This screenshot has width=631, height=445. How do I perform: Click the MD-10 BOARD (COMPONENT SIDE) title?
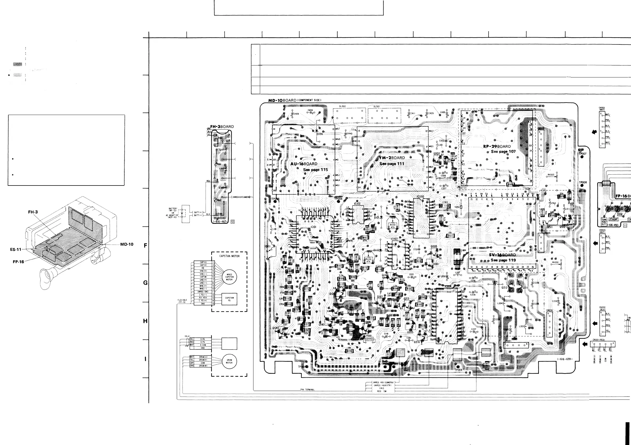(x=294, y=100)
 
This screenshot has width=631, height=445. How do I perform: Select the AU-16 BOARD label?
(x=304, y=164)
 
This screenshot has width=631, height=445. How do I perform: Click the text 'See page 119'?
(x=503, y=260)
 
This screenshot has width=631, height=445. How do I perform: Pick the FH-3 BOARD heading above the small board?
(x=222, y=127)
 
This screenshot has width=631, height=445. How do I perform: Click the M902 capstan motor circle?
(x=229, y=277)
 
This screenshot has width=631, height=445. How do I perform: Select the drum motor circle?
(x=229, y=361)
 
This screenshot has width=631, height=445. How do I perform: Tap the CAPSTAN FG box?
(x=229, y=299)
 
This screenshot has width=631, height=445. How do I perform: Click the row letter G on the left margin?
(x=145, y=283)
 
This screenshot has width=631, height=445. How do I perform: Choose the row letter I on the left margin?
(x=145, y=359)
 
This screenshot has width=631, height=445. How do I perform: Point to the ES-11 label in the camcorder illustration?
(x=16, y=249)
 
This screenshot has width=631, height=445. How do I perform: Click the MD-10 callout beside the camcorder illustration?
(x=127, y=244)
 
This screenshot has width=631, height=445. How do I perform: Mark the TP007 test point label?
(x=583, y=154)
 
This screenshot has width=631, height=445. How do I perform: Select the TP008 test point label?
(x=583, y=182)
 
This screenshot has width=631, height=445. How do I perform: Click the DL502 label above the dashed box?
(x=342, y=106)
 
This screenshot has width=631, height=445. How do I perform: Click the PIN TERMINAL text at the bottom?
(x=307, y=390)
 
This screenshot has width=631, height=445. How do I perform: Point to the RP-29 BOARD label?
(x=497, y=146)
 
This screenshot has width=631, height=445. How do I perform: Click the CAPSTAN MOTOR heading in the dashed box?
(x=229, y=256)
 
